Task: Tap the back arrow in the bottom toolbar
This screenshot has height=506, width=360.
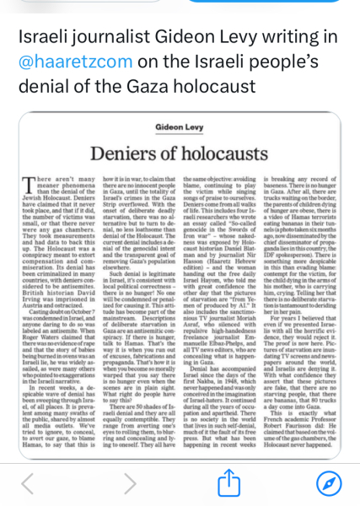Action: (x=28, y=483)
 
